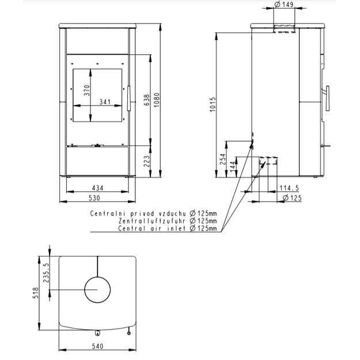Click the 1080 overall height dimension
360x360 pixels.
point(156,100)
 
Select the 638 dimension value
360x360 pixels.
point(146,100)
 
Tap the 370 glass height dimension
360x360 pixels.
point(87,90)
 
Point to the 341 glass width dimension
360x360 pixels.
point(105,102)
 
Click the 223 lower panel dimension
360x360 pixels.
point(146,161)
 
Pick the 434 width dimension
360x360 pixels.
point(97,188)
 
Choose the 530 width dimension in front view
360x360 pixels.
point(94,198)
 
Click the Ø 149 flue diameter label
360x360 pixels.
point(284,5)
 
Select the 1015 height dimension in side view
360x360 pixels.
point(213,105)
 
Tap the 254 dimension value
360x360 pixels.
point(223,159)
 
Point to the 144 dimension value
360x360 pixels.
point(232,167)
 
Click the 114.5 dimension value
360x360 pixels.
point(289,188)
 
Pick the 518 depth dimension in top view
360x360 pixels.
point(36,293)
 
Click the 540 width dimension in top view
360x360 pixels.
point(97,346)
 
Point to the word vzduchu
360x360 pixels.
point(172,214)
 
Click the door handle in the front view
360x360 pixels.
point(129,98)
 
